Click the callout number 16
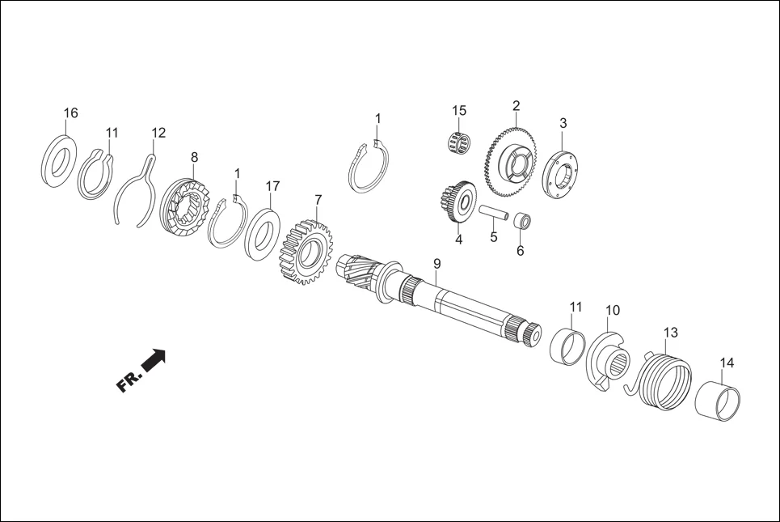71,113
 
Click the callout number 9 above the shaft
436,264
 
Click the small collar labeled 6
522,221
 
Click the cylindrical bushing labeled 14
719,399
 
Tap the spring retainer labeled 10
608,358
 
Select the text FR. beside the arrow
129,380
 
